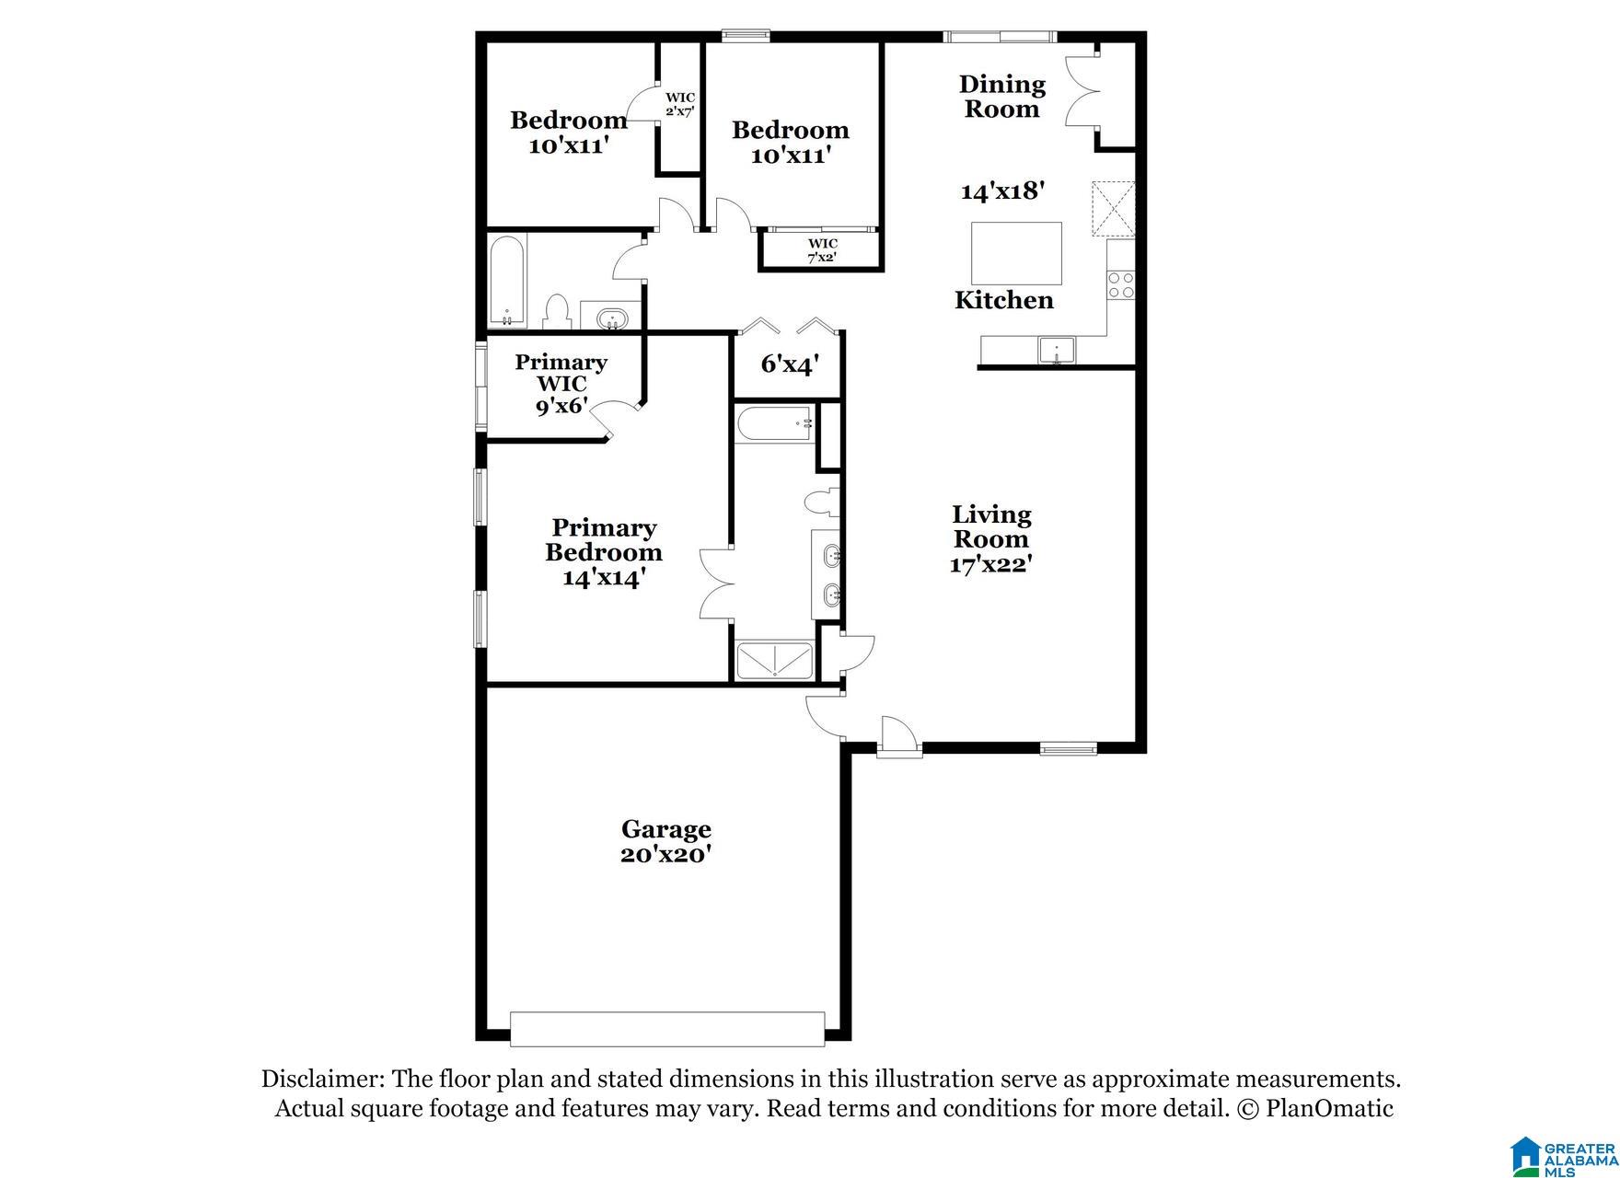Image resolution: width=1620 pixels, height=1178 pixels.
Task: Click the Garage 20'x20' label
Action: [665, 842]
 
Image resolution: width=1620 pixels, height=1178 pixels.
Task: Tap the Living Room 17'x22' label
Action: [990, 539]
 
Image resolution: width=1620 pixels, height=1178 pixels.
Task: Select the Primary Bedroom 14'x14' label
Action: [603, 552]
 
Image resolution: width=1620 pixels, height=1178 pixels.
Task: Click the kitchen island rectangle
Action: [1016, 253]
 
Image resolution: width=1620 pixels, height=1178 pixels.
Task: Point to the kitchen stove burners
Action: [1120, 284]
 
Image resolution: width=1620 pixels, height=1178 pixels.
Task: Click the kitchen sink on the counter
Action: [1057, 352]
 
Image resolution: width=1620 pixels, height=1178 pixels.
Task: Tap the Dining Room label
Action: [1001, 97]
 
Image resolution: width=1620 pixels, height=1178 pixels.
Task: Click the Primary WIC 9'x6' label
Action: [561, 384]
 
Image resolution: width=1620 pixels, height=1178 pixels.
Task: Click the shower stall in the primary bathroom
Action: [775, 661]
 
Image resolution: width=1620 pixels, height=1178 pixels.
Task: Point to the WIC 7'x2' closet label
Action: [822, 250]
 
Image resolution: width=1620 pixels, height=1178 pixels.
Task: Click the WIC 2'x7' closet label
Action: [680, 104]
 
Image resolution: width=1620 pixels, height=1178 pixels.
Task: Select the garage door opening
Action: [667, 1029]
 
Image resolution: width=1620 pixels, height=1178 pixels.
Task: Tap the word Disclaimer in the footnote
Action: [321, 1079]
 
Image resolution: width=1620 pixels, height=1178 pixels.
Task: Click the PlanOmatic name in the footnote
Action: [1329, 1108]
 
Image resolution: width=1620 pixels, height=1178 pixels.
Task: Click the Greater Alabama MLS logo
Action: [1562, 1155]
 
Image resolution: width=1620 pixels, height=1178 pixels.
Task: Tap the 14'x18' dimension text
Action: [1002, 191]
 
